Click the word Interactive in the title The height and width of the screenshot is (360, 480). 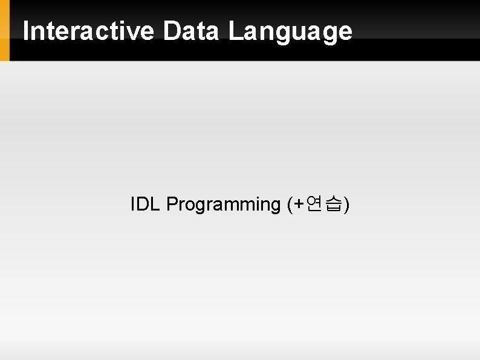tap(88, 31)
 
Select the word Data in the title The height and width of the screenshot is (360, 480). tap(190, 31)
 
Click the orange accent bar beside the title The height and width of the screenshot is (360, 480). tap(5, 30)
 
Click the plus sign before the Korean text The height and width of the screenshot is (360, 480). tap(297, 205)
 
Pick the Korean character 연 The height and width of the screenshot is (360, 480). tap(314, 205)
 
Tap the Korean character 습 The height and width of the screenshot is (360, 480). tap(332, 205)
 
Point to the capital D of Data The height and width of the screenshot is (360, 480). tap(171, 31)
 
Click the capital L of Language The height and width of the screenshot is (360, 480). tap(235, 31)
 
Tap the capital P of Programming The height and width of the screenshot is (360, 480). tap(172, 205)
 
